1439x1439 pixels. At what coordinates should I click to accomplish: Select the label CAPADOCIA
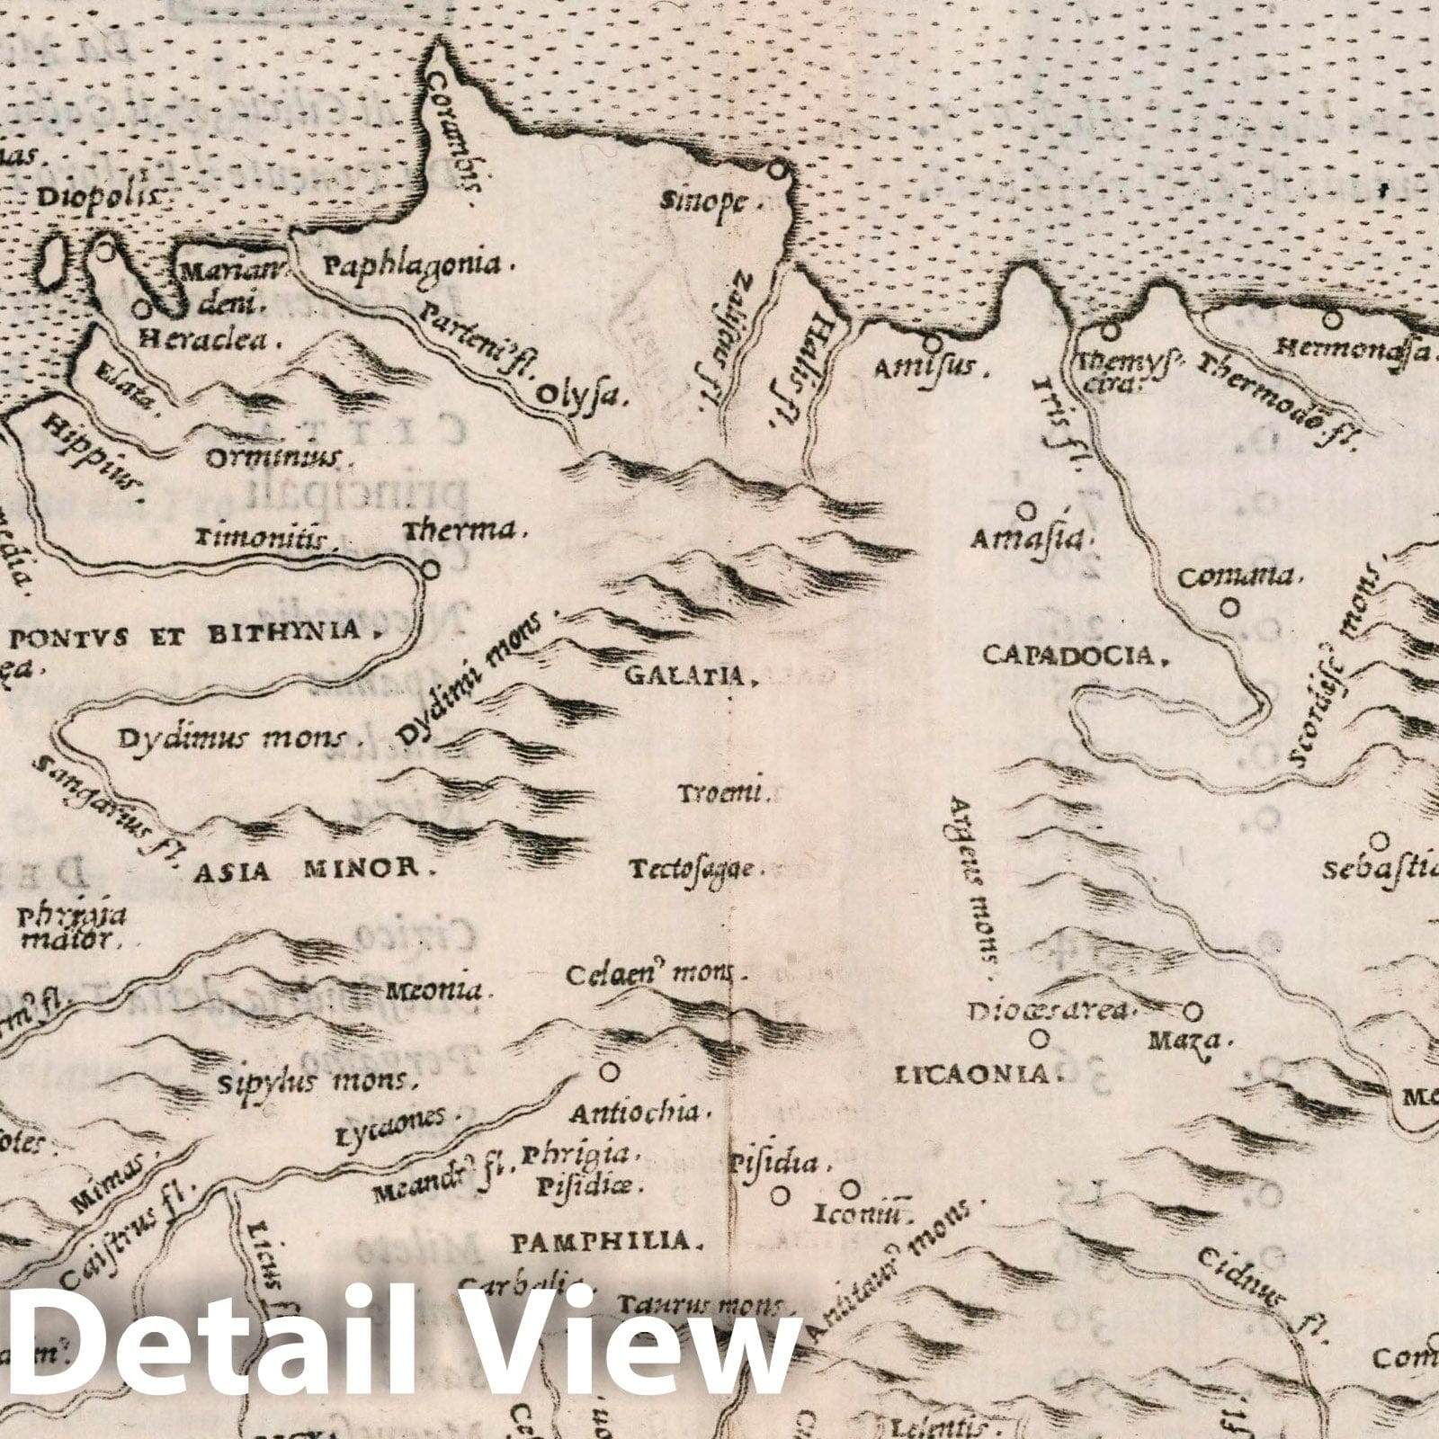pos(1068,655)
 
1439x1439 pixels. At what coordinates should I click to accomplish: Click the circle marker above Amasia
pos(1025,511)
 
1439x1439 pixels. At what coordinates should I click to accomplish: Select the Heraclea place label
pos(199,342)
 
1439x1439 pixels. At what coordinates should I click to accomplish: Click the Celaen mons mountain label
pos(650,975)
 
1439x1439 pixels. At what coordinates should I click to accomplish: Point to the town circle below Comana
pos(1229,608)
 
